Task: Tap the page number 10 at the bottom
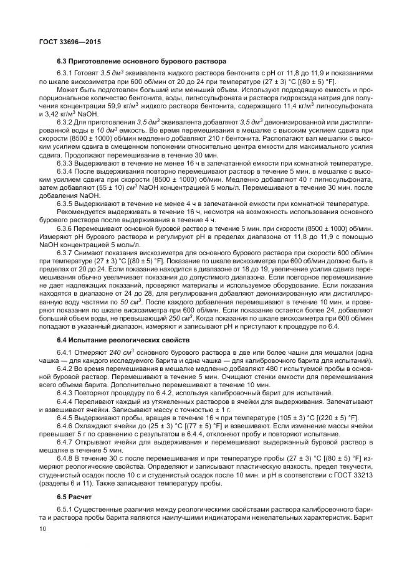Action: pos(43,528)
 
